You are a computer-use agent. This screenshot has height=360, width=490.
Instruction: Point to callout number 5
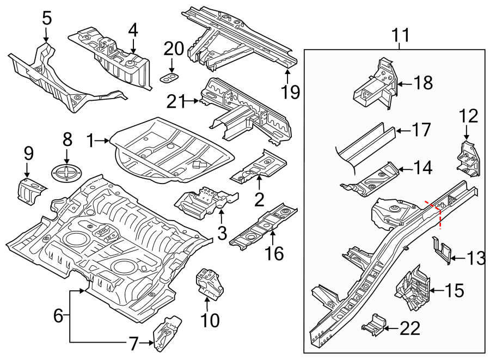click(47, 19)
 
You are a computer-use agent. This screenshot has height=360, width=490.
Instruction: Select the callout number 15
click(454, 290)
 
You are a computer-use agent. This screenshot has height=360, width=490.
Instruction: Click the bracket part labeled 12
click(468, 158)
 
